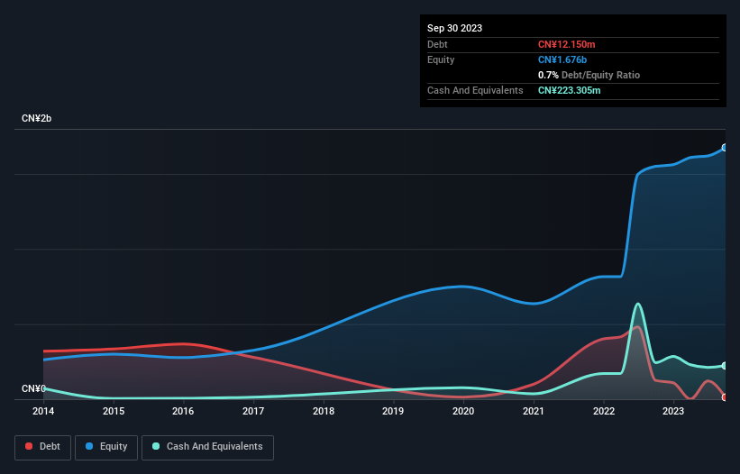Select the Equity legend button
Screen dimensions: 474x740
point(107,446)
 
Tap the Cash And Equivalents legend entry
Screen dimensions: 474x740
point(207,446)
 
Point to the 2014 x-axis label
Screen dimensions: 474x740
point(43,411)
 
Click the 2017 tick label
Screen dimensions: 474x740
point(253,411)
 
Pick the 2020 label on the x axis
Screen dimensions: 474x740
point(463,411)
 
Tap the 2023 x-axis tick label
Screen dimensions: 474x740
point(673,411)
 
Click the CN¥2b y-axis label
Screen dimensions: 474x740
point(37,119)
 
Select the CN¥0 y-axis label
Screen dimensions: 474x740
point(32,388)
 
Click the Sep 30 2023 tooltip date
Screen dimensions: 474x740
point(454,28)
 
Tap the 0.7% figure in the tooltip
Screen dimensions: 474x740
point(548,75)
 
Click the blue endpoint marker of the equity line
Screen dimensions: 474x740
point(725,148)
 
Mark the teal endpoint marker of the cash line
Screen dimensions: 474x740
point(725,366)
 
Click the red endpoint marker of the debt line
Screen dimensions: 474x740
point(725,397)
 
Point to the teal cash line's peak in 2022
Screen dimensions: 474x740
point(638,304)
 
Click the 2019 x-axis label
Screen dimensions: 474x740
point(393,411)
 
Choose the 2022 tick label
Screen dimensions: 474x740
point(603,411)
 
